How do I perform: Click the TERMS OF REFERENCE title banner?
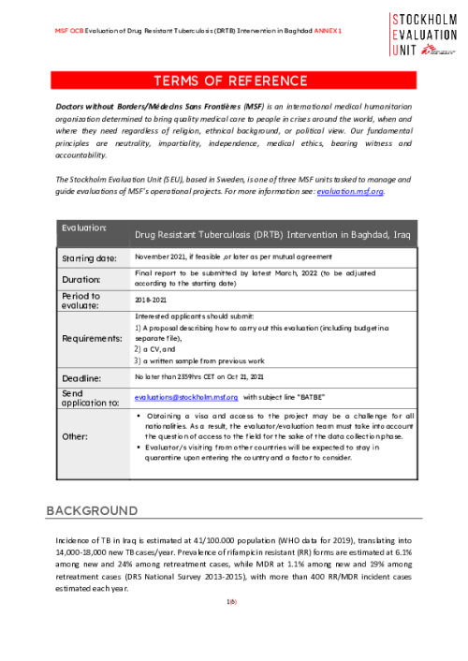[233, 81]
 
